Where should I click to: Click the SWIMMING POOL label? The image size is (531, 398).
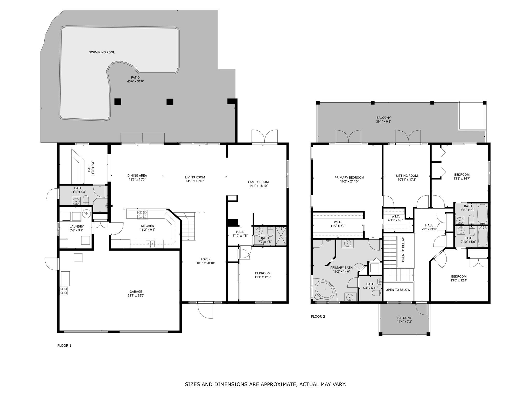click(102, 52)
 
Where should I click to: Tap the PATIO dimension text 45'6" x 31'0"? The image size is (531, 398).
click(135, 81)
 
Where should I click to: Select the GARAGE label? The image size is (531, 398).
click(136, 292)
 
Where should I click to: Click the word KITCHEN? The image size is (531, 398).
click(147, 226)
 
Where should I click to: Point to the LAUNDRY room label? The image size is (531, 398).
click(76, 226)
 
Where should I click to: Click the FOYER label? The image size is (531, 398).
click(206, 259)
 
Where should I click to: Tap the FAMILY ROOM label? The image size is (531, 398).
click(258, 182)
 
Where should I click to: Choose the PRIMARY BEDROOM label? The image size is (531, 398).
click(349, 177)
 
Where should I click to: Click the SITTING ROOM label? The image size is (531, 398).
click(407, 176)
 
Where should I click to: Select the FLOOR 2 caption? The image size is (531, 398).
click(318, 316)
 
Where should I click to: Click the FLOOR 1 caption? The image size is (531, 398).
click(64, 345)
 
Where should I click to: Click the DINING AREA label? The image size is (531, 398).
click(137, 175)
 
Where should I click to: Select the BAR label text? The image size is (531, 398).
click(89, 169)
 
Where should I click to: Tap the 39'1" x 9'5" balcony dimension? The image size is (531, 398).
click(383, 122)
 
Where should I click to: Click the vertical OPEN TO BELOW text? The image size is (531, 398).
click(403, 250)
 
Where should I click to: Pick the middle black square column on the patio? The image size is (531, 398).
click(170, 102)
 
